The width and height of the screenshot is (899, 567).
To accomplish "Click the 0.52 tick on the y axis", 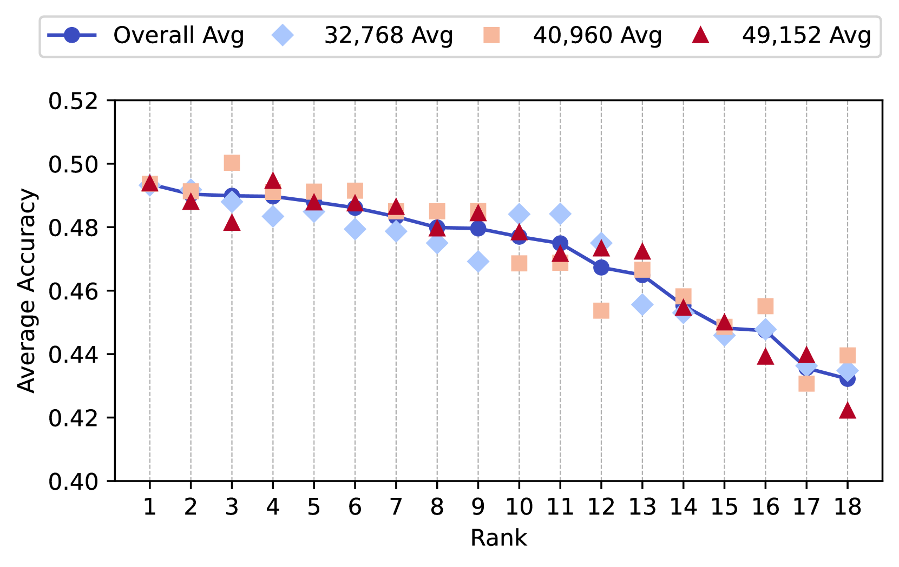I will [74, 101].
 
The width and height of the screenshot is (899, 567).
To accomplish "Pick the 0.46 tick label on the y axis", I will [74, 291].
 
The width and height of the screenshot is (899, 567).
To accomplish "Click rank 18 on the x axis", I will [847, 507].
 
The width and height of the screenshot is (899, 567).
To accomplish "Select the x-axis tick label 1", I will [150, 507].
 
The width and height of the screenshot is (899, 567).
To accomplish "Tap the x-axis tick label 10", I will [519, 507].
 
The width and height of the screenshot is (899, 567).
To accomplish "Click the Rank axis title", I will [498, 538].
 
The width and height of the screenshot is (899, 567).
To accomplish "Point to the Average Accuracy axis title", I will [26, 291].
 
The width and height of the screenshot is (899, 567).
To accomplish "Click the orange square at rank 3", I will [232, 163].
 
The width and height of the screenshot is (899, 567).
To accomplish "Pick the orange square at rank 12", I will [601, 311].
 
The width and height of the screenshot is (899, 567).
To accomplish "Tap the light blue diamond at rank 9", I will [478, 262].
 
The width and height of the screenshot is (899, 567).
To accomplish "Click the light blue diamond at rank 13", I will [642, 305].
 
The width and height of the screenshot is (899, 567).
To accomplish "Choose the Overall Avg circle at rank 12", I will [601, 267].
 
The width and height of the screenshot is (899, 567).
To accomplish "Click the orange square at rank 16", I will [765, 306].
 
